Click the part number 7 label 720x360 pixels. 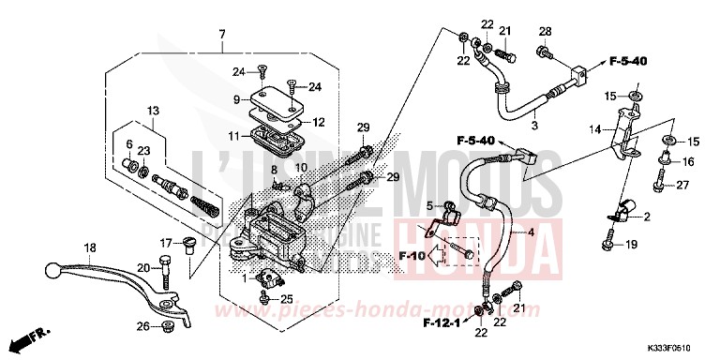coord(222,35)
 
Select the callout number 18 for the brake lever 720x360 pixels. coord(90,248)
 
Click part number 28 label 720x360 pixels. coord(545,32)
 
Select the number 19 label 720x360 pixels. coord(630,246)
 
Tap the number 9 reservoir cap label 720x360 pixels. coord(236,98)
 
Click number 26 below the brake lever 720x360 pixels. coord(141,326)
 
